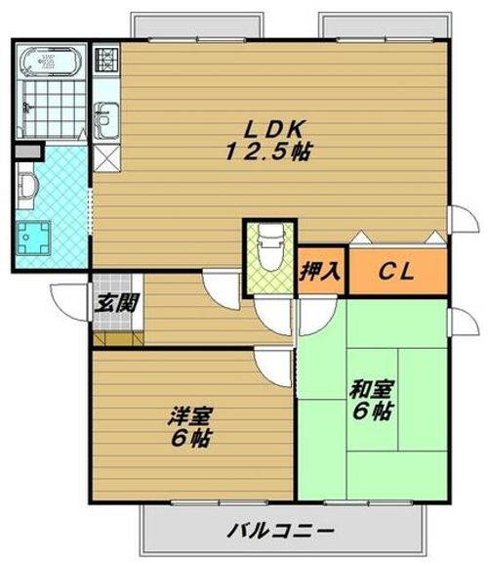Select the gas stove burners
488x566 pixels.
pos(105,62)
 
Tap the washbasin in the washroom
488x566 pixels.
pos(26,187)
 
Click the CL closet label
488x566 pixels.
pos(394,272)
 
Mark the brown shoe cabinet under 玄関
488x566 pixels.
pos(119,337)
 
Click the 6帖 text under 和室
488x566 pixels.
pos(372,413)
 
